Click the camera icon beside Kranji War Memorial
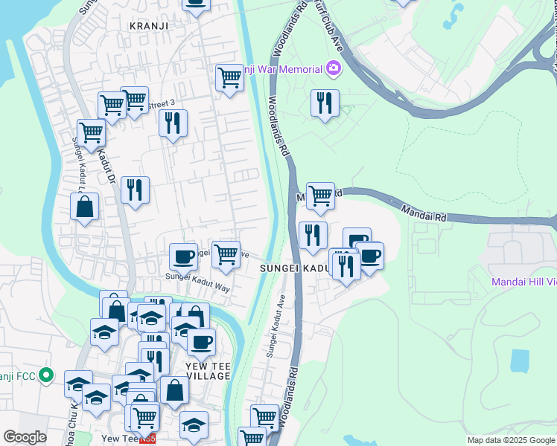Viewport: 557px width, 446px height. pyautogui.click(x=333, y=69)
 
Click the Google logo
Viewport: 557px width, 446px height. pyautogui.click(x=25, y=437)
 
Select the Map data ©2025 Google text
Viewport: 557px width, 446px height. pyautogui.click(x=510, y=440)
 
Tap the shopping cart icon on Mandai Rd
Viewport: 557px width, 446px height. pyautogui.click(x=320, y=195)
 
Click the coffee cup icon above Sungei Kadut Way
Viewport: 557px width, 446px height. pyautogui.click(x=183, y=256)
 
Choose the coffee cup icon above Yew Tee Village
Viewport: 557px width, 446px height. pyautogui.click(x=201, y=342)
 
